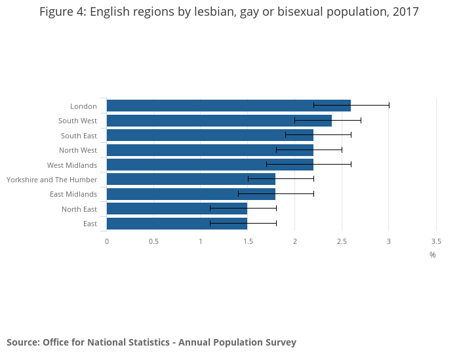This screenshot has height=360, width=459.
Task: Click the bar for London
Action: (228, 106)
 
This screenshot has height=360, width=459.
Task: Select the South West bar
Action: (219, 121)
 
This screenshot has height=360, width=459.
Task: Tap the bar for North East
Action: (176, 209)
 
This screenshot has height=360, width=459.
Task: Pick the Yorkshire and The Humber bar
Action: (191, 179)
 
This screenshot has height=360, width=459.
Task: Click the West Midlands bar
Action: (210, 165)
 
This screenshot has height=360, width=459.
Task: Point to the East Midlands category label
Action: (73, 194)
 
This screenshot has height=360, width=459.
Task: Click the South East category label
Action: (79, 136)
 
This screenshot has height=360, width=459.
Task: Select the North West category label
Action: (78, 150)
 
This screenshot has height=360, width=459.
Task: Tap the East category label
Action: (90, 224)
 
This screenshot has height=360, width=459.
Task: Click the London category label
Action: (83, 106)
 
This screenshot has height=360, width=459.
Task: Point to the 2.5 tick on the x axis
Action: (342, 241)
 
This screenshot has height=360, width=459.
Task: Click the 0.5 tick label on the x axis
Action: (153, 241)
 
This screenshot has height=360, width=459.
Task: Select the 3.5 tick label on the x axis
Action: (436, 241)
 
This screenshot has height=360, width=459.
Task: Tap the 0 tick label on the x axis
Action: (107, 241)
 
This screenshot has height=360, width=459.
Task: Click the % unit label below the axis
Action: (433, 254)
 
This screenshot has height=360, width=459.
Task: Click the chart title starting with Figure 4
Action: (229, 12)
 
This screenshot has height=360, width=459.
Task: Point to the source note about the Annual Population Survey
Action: (151, 342)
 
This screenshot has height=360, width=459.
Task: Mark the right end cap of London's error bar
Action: (389, 105)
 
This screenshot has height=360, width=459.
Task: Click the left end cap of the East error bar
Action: (210, 223)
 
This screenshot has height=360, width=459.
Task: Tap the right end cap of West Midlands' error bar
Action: (351, 164)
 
